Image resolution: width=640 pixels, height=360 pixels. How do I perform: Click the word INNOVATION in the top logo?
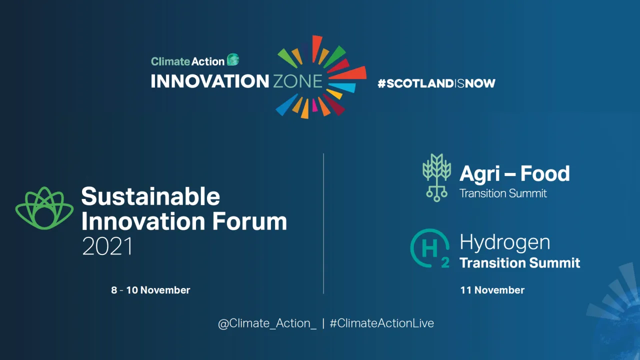[210, 81]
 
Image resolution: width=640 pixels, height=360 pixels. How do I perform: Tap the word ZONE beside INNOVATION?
[297, 81]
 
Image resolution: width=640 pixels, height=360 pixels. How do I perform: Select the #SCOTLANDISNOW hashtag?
[436, 83]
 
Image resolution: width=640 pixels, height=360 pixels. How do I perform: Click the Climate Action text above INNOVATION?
[187, 61]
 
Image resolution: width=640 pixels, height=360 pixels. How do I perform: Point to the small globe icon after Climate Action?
[233, 60]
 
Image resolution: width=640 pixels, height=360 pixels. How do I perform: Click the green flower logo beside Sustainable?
[44, 208]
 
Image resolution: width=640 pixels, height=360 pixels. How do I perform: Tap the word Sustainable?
[150, 196]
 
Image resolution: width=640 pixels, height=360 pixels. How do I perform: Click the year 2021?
[107, 246]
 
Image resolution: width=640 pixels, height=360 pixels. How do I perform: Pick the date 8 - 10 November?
[150, 290]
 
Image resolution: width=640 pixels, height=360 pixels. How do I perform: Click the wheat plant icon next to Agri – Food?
[436, 177]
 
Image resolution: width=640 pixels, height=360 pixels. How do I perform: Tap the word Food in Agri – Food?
[545, 174]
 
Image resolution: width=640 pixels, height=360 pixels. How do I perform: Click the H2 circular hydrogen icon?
[429, 248]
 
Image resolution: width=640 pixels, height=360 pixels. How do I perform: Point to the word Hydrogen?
[505, 243]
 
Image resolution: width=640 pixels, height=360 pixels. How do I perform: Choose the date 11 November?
[492, 290]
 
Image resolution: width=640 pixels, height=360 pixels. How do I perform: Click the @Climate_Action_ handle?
[267, 323]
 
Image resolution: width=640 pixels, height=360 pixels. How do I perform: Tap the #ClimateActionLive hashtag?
[381, 323]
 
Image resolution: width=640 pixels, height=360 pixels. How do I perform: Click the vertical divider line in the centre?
[323, 223]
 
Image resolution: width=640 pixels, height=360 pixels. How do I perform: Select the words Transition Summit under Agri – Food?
[503, 193]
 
